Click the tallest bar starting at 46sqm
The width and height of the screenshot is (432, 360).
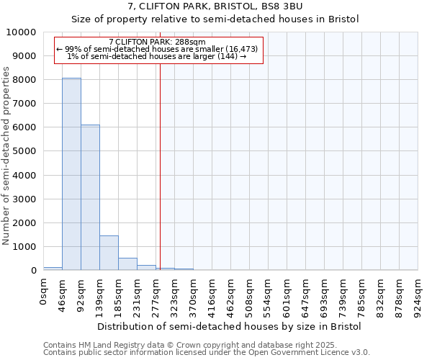[71, 174]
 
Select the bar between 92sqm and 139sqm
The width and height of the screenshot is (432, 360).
[90, 197]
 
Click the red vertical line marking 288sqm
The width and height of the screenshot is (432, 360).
[160, 166]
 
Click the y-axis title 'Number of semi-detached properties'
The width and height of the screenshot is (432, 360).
[6, 156]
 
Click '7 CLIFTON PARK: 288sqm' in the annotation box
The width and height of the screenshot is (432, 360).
[158, 42]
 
